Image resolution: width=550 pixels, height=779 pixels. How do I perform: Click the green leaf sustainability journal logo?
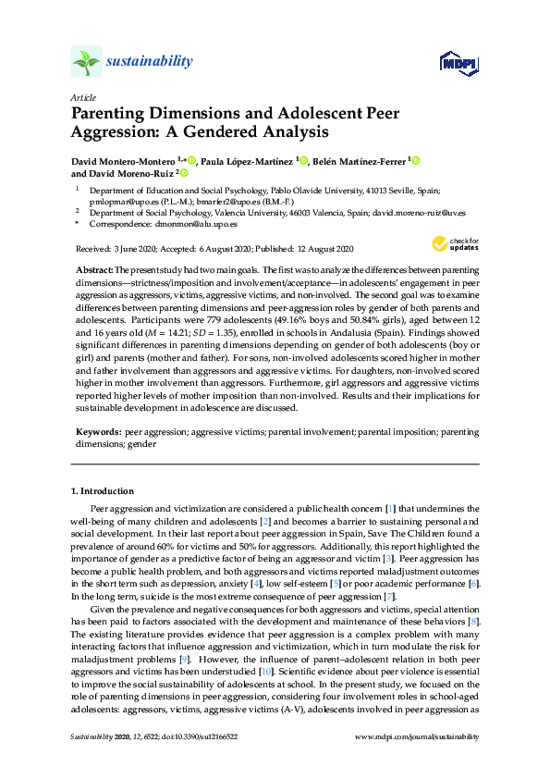(85, 62)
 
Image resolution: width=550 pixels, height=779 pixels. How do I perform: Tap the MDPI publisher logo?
(458, 63)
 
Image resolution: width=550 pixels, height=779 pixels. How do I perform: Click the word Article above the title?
(82, 96)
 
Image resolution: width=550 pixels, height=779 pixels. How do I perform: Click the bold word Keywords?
(98, 432)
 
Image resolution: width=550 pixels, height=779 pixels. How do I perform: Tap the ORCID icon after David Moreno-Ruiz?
(184, 172)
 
